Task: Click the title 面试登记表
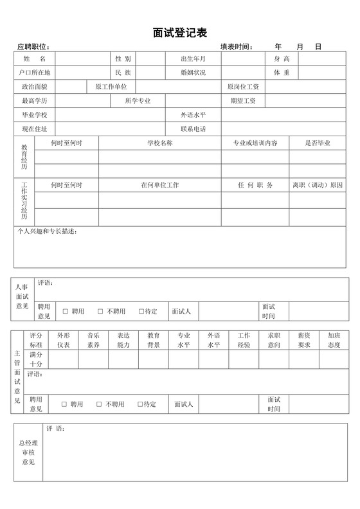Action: click(179, 32)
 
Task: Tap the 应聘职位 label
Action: click(33, 47)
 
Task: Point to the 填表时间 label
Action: click(237, 47)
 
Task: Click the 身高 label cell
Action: click(282, 58)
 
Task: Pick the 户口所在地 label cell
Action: click(35, 73)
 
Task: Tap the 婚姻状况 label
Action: click(194, 73)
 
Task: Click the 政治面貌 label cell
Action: click(35, 87)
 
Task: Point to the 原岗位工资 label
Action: click(243, 87)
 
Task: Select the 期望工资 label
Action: click(243, 101)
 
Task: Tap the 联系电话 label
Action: click(194, 129)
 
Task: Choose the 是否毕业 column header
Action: click(318, 143)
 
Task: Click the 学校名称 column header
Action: click(159, 143)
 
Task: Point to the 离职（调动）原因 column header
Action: click(318, 185)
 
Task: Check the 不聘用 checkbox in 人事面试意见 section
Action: click(100, 312)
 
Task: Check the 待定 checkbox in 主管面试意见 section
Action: click(141, 404)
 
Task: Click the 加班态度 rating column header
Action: click(334, 340)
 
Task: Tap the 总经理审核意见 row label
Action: click(28, 452)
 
